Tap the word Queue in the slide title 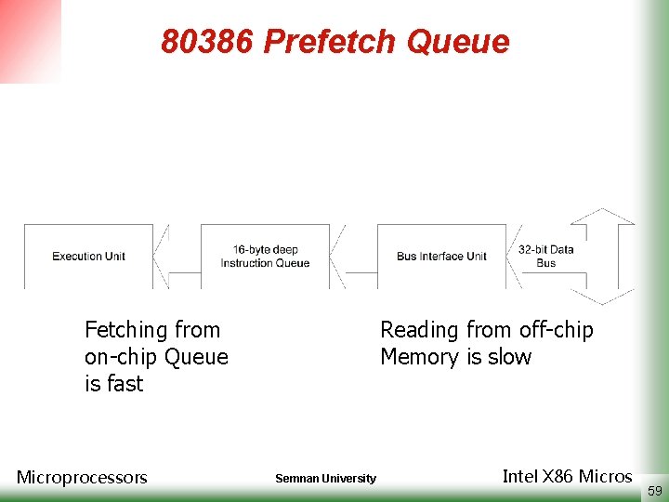(459, 42)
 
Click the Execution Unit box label (88, 256)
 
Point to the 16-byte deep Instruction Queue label (265, 257)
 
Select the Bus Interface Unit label (441, 256)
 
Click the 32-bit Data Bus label (545, 257)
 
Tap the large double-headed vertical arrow (602, 256)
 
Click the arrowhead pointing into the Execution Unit (161, 256)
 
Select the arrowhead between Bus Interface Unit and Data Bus (514, 256)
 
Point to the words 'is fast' (113, 384)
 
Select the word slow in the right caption (509, 357)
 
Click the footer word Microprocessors (82, 478)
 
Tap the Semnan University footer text (325, 479)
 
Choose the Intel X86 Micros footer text (567, 477)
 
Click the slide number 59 (655, 490)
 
